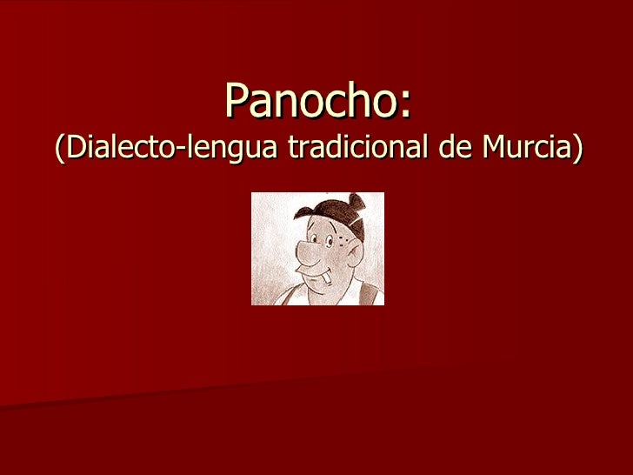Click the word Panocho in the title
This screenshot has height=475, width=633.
(x=310, y=103)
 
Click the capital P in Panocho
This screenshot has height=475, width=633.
(x=237, y=103)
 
